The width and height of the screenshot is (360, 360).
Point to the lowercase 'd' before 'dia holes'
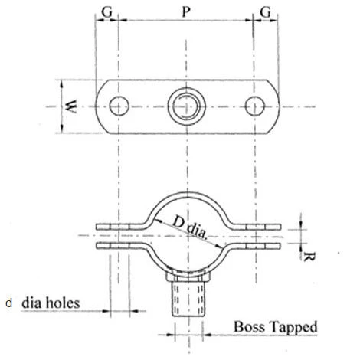[x=8, y=303]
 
